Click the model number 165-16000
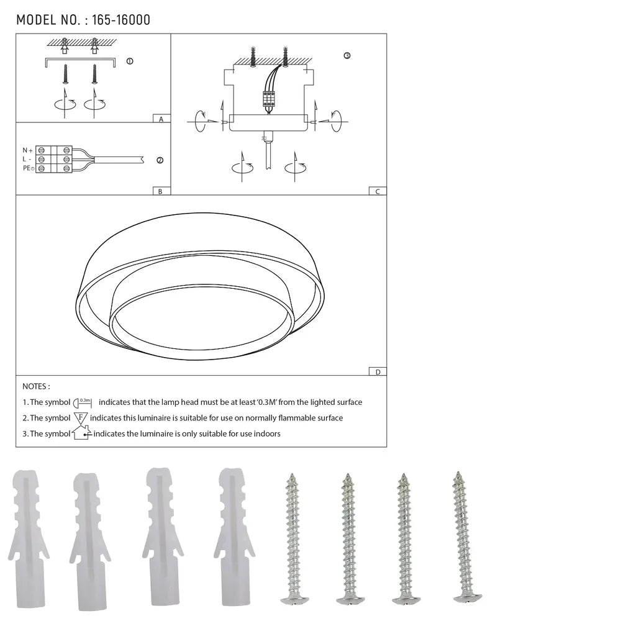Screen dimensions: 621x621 (x=120, y=20)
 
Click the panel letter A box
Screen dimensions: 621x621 (x=161, y=119)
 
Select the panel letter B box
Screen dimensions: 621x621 (x=160, y=191)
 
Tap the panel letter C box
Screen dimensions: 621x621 (x=377, y=191)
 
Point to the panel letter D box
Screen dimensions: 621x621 (x=377, y=372)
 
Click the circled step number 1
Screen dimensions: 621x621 (x=129, y=61)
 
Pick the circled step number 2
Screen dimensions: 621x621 (x=160, y=160)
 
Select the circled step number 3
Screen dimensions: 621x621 (x=347, y=56)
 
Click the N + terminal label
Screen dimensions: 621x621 (x=28, y=150)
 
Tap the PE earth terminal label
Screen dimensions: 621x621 (x=28, y=168)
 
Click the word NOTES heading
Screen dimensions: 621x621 (x=36, y=386)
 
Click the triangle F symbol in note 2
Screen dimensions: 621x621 (x=81, y=418)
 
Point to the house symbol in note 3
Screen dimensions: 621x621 (x=81, y=433)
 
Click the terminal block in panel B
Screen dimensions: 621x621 (x=54, y=160)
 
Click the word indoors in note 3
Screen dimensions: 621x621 (x=266, y=433)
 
